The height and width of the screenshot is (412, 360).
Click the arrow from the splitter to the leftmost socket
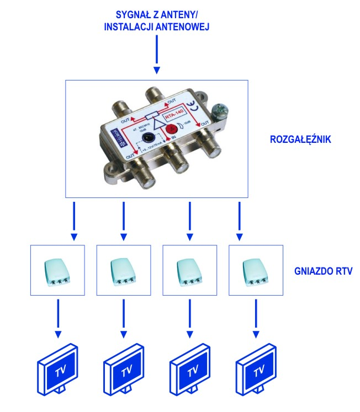click(73, 221)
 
